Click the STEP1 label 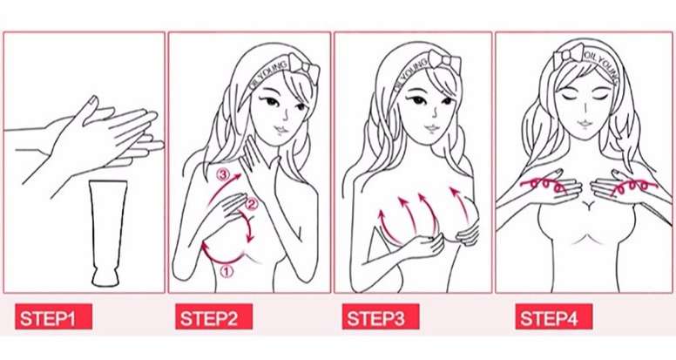coord(53,317)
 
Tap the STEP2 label coord(213,317)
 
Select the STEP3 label coord(380,317)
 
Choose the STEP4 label coord(553,317)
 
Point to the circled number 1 coord(226,271)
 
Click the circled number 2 coord(252,203)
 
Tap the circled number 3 coord(223,175)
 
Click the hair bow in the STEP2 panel coord(304,68)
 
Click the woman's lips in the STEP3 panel coord(432,128)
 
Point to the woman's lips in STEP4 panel coord(584,124)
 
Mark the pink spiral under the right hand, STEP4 coord(634,187)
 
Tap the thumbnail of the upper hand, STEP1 coord(92,100)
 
